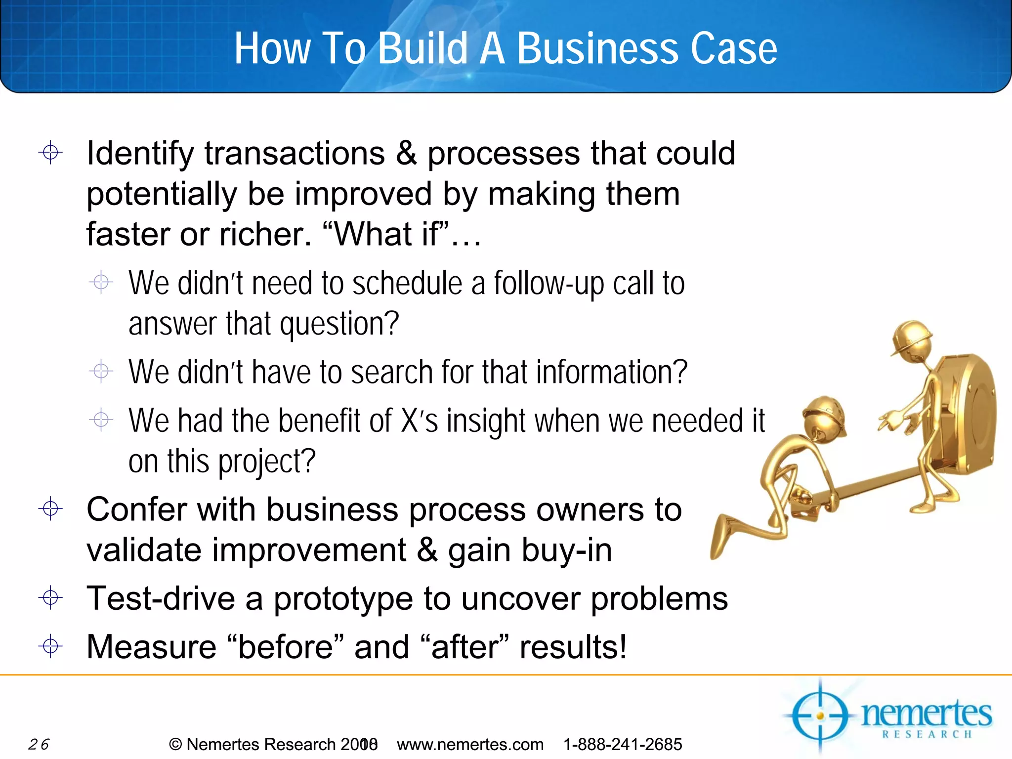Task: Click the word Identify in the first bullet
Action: tap(140, 154)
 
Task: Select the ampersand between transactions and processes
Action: tap(406, 153)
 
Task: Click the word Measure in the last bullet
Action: tap(151, 647)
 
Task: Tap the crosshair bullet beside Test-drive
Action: tap(50, 598)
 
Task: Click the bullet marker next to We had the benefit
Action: tap(101, 420)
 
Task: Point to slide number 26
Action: tap(39, 744)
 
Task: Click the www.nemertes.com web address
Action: tap(470, 744)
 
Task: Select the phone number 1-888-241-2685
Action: tap(623, 744)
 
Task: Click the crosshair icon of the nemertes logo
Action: tap(820, 716)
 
